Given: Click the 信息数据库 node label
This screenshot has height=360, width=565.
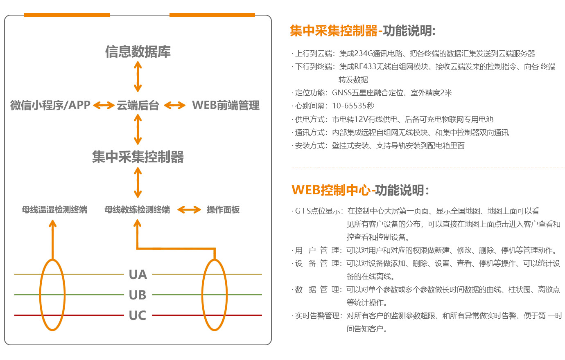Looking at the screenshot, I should (138, 52).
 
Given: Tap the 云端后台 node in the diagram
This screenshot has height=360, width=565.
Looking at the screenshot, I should (138, 106).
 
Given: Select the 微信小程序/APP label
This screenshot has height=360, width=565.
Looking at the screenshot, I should (50, 106).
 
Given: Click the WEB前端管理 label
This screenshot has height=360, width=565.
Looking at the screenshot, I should (226, 106).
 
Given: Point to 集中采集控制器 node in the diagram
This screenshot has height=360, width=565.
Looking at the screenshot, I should (138, 157).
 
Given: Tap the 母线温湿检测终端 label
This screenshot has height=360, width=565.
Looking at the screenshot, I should (54, 210).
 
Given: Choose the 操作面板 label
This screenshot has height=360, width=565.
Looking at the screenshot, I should (223, 210).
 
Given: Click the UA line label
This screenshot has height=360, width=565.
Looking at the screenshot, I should (138, 274).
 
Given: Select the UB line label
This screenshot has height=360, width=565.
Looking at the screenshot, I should (138, 295).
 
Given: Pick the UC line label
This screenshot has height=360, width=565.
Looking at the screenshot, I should (138, 315).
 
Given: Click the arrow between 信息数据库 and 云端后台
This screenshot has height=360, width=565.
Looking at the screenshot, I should (138, 77).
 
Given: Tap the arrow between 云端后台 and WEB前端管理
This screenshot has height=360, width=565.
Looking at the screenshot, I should (175, 106).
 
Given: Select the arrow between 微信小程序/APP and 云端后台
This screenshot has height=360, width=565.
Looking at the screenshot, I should (104, 106).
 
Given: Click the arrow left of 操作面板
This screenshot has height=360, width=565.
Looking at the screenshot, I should (189, 210).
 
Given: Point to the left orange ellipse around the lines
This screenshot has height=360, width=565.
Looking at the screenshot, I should (52, 295).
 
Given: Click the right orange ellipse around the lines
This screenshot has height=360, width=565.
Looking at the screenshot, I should (215, 295).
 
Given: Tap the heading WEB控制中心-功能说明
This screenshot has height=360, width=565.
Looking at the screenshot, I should (360, 190).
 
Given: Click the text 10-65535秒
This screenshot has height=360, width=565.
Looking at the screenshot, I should (353, 106).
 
